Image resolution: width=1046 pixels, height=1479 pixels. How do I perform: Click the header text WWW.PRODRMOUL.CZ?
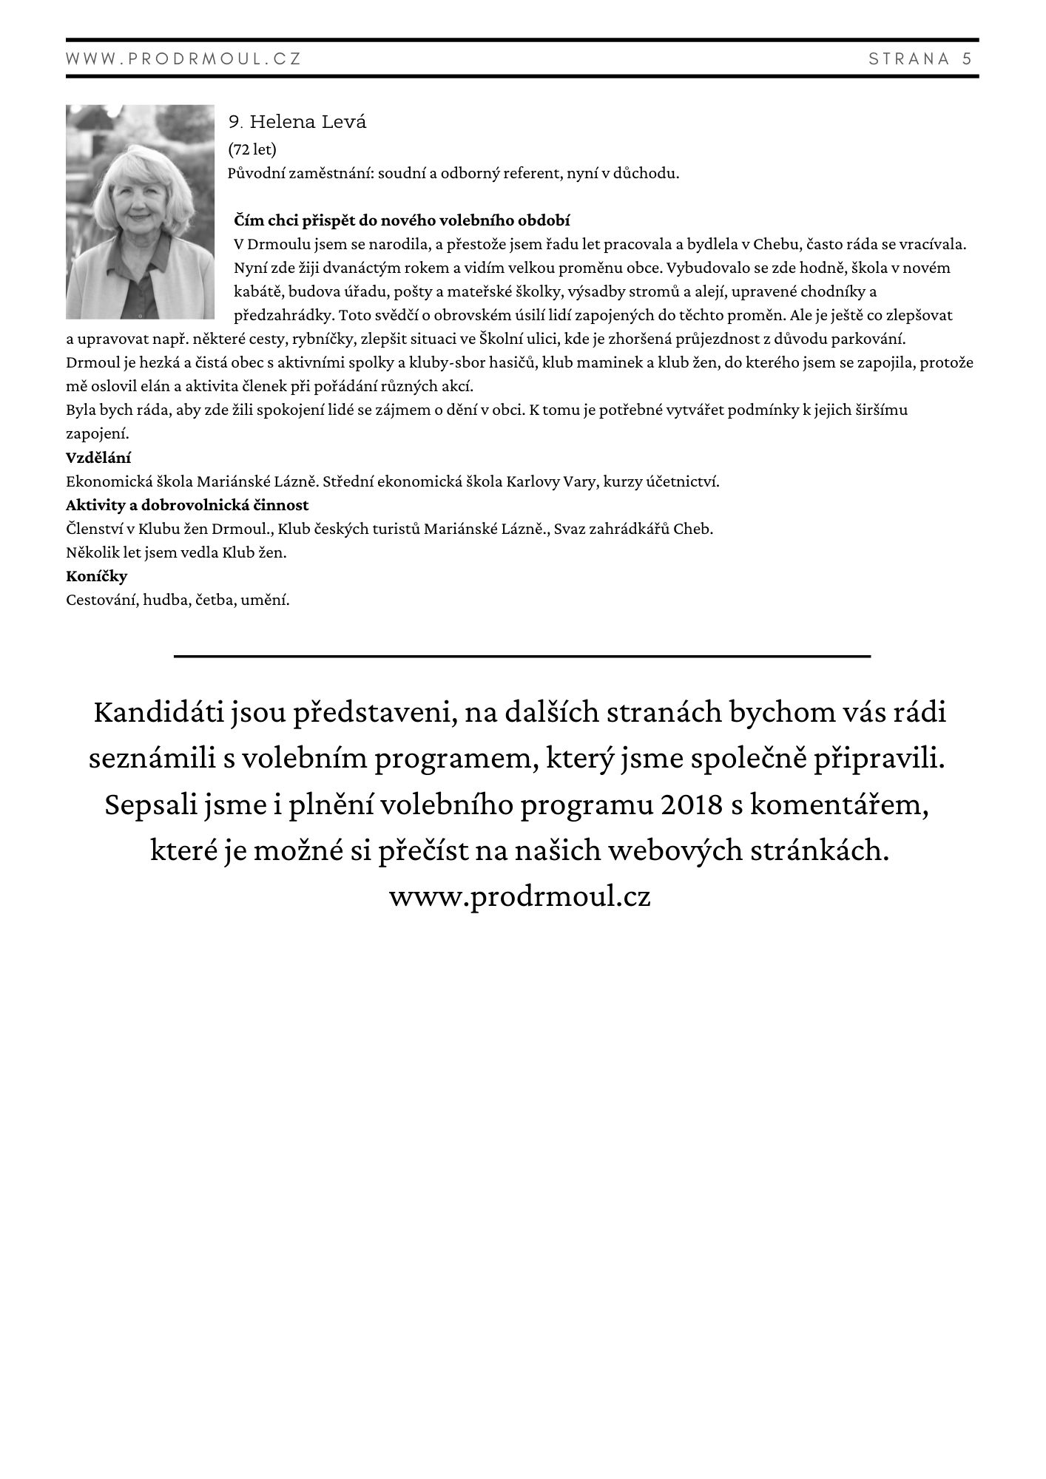(x=183, y=59)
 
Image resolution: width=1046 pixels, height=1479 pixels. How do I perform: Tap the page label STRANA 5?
(x=920, y=59)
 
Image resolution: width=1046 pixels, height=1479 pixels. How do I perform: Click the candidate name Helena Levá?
(x=308, y=122)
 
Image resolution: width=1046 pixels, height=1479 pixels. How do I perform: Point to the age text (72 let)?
(x=252, y=149)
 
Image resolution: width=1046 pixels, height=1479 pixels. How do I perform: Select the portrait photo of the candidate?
(x=140, y=211)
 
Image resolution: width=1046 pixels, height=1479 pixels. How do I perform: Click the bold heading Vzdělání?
(x=98, y=458)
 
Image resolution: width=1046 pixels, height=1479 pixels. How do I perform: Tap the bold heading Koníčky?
(x=96, y=576)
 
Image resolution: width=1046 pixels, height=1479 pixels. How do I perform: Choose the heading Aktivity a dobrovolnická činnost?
(x=187, y=505)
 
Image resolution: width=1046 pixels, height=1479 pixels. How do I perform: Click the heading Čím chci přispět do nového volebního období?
(x=402, y=220)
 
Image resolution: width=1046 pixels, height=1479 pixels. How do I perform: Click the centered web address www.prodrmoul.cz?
(x=520, y=896)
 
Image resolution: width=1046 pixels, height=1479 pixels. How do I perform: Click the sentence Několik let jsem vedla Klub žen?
(x=176, y=552)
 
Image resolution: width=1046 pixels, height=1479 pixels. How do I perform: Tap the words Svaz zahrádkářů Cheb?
(x=633, y=529)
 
